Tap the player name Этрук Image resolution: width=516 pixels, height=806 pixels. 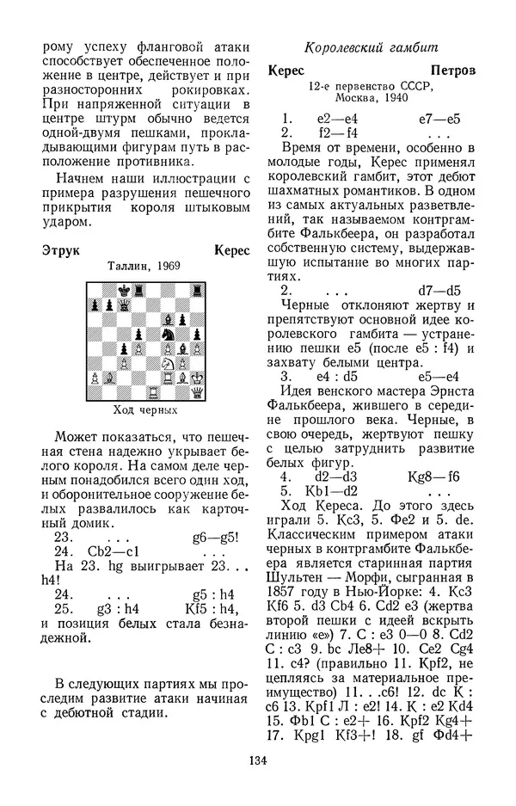pyautogui.click(x=60, y=250)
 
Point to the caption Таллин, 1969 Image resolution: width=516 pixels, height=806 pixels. pyautogui.click(x=144, y=267)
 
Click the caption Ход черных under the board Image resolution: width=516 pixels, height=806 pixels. pyautogui.click(x=144, y=409)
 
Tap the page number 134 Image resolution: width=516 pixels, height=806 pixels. pyautogui.click(x=257, y=760)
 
